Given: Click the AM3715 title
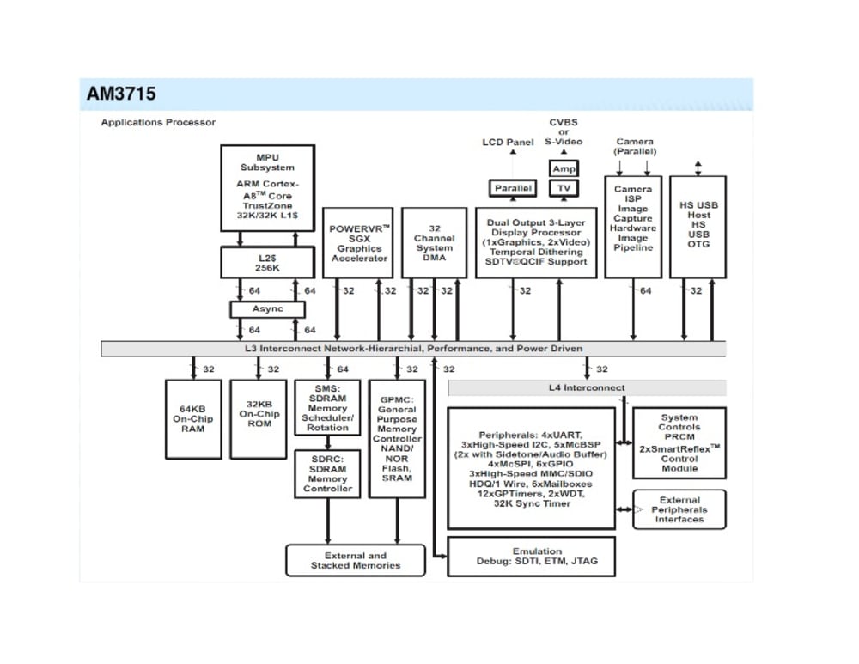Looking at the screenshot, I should click(x=121, y=94).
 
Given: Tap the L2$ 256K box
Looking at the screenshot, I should click(x=267, y=262).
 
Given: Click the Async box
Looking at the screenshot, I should click(x=267, y=309).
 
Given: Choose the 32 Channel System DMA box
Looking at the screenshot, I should click(x=435, y=243).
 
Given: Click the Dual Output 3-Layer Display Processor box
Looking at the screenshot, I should click(x=537, y=242).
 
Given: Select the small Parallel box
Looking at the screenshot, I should click(x=513, y=188).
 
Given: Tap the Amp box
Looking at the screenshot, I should click(x=564, y=169).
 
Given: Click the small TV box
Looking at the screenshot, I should click(x=564, y=188).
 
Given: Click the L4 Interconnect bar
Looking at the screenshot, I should click(x=587, y=388).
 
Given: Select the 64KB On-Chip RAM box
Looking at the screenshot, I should click(x=193, y=419).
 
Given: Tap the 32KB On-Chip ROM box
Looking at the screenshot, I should click(x=259, y=419).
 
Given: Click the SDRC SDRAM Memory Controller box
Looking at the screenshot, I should click(x=327, y=474).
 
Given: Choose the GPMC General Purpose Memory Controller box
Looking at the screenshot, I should click(x=397, y=439).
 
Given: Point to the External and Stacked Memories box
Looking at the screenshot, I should click(x=356, y=561).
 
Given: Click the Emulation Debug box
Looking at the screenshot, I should click(x=537, y=557).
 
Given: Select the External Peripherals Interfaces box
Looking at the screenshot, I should click(x=679, y=509).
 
